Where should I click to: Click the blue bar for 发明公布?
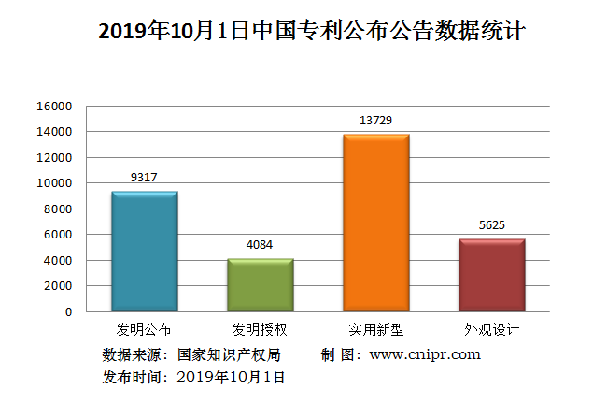coord(144,251)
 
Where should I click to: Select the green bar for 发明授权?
coord(261,284)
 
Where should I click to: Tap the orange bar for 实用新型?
coord(376,223)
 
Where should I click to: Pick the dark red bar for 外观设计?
coord(491,275)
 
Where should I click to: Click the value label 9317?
coord(144,177)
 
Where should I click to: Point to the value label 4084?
coord(261,245)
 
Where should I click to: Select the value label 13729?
coord(376,120)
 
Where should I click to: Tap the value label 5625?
coord(491,224)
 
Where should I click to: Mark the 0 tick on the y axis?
coord(67,311)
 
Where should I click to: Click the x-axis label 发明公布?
coord(144,330)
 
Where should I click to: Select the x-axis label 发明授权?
coord(261,330)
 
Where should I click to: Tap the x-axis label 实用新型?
coord(376,330)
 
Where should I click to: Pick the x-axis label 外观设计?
coord(491,330)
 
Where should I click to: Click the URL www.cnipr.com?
coord(425,354)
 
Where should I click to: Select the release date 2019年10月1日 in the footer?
coord(230,377)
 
